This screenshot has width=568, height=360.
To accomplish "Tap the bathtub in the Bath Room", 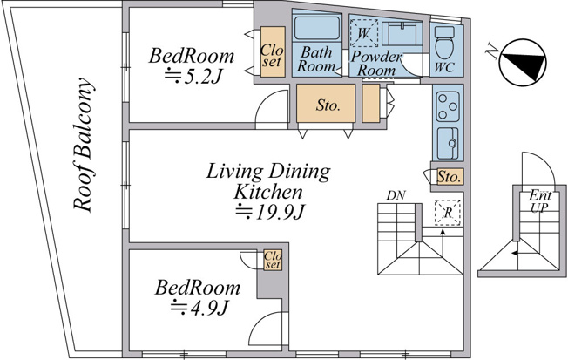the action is (316, 28).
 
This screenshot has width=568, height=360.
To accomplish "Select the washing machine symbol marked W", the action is (363, 33).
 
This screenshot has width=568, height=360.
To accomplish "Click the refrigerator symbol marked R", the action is (448, 213).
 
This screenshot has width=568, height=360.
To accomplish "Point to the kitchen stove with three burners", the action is (448, 106).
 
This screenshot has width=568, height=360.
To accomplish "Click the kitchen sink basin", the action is (448, 144).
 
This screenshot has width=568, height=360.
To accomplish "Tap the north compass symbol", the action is (522, 63).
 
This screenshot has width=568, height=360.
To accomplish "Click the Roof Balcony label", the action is (84, 145).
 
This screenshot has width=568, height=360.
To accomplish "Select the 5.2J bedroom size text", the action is (193, 77).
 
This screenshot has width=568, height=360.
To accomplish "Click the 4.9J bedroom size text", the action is (199, 309).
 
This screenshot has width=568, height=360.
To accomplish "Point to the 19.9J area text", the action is (269, 213).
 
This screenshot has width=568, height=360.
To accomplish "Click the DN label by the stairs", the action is (396, 196).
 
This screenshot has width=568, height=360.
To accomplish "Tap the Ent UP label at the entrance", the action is (540, 201).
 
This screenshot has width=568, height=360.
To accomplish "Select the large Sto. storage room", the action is (326, 104).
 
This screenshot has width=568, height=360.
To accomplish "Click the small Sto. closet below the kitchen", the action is (450, 177).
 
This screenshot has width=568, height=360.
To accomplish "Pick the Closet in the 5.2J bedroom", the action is (273, 51).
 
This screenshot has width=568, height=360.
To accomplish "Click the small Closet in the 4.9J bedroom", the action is (273, 260).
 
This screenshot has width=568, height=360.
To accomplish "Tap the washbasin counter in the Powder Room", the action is (402, 34).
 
